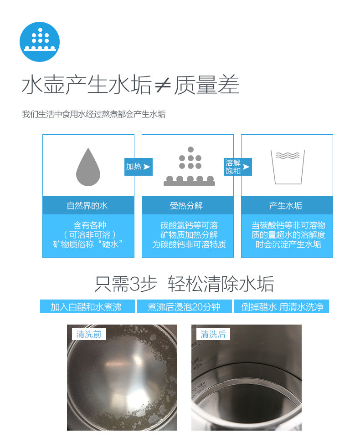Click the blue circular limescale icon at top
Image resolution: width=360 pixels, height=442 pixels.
(x=40, y=42)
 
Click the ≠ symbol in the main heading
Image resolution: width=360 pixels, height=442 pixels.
(x=163, y=85)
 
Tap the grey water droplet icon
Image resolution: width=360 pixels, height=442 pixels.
(x=88, y=167)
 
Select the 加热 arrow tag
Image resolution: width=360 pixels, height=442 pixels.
(x=138, y=167)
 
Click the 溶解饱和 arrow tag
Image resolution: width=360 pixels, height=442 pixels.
(x=238, y=167)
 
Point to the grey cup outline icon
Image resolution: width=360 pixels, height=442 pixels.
(x=288, y=167)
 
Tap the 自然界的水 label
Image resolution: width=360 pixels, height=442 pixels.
(x=87, y=205)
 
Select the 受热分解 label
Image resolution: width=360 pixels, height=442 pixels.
(x=186, y=205)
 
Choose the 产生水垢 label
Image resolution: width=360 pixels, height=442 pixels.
(x=286, y=205)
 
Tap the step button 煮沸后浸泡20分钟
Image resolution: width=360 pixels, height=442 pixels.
(x=185, y=306)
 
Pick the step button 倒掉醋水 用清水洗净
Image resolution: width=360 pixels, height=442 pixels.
(x=282, y=306)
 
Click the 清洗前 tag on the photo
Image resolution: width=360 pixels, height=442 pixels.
(x=89, y=334)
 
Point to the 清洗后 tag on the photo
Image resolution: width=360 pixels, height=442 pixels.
(x=213, y=334)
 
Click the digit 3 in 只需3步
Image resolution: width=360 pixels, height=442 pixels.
(x=135, y=284)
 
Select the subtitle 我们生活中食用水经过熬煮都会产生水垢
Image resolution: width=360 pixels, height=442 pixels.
(x=94, y=114)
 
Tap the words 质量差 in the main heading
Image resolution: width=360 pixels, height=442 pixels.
(x=206, y=85)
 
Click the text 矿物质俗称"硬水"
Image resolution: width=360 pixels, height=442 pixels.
(x=88, y=244)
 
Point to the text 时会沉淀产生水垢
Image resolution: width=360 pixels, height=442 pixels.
(x=288, y=244)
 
